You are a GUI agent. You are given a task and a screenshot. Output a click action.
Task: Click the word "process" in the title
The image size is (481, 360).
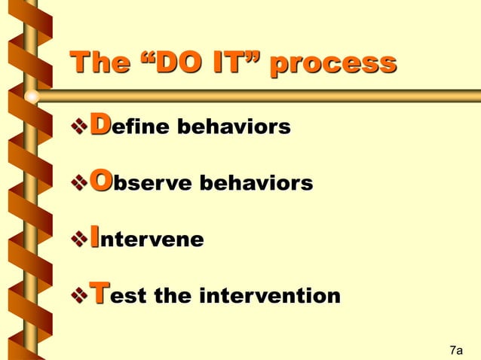click(332, 63)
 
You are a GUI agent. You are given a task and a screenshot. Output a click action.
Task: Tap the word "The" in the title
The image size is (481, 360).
click(97, 63)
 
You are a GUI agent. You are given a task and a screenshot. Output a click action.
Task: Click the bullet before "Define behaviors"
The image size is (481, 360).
click(78, 127)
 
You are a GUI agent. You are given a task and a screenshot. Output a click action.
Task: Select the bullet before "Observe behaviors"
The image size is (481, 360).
click(78, 183)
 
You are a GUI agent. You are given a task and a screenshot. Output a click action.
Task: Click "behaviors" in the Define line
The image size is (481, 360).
click(233, 127)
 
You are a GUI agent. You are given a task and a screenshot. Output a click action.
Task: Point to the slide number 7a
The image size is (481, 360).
click(455, 350)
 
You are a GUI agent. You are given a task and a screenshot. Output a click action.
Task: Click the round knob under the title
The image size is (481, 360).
click(32, 96)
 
